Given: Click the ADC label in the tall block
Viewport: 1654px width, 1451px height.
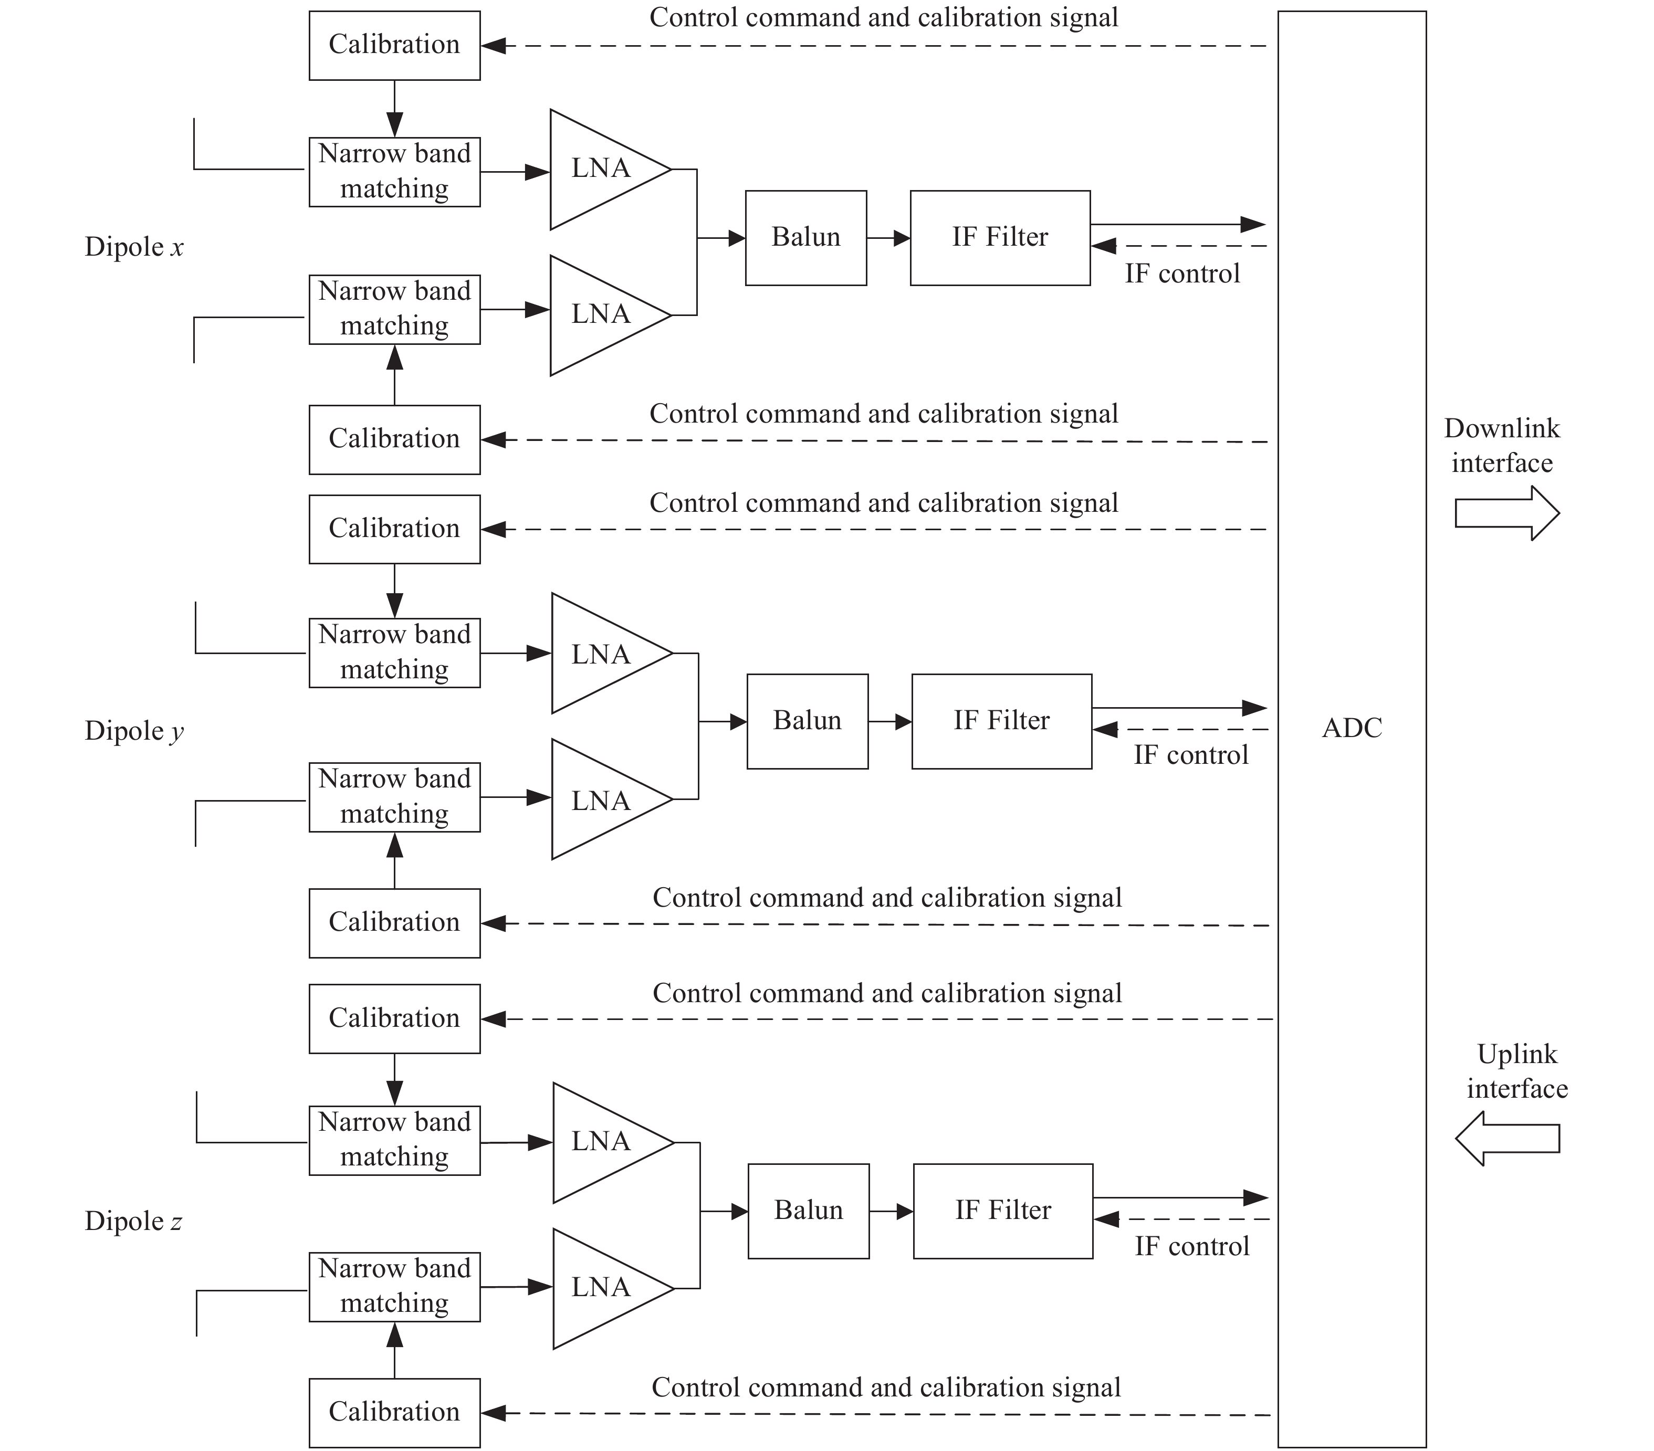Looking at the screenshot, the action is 1352,728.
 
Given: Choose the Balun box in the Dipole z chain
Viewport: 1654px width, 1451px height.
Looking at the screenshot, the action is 809,1211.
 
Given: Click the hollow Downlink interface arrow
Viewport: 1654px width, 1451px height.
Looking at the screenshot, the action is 1507,513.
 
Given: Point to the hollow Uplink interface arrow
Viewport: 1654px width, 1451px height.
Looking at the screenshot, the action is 1507,1138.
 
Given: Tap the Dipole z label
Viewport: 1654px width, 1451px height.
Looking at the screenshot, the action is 133,1221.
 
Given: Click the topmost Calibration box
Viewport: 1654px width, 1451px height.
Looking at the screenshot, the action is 394,45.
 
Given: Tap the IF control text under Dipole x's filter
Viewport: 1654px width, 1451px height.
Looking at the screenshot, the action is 1182,274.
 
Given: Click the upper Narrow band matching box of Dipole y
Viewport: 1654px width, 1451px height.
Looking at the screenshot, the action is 394,653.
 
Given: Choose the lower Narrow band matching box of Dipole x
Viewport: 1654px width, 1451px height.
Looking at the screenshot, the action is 394,310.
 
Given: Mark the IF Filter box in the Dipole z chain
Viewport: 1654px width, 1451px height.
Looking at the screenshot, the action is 1002,1211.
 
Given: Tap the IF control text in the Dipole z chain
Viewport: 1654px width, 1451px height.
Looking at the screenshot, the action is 1192,1246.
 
